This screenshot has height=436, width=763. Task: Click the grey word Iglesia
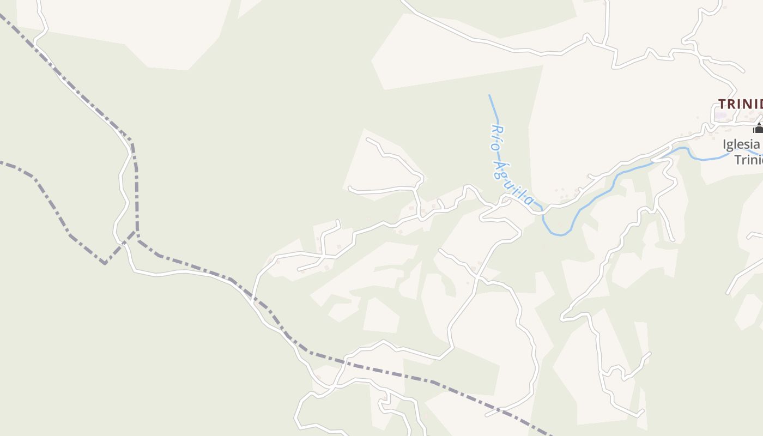[741, 145]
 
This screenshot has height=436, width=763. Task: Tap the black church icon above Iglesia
[758, 128]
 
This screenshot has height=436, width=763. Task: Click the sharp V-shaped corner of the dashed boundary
[105, 264]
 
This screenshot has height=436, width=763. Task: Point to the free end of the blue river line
[489, 95]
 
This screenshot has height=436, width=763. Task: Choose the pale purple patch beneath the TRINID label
[722, 116]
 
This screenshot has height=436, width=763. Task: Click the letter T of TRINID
[722, 104]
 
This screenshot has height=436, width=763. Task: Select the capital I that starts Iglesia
[725, 145]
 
